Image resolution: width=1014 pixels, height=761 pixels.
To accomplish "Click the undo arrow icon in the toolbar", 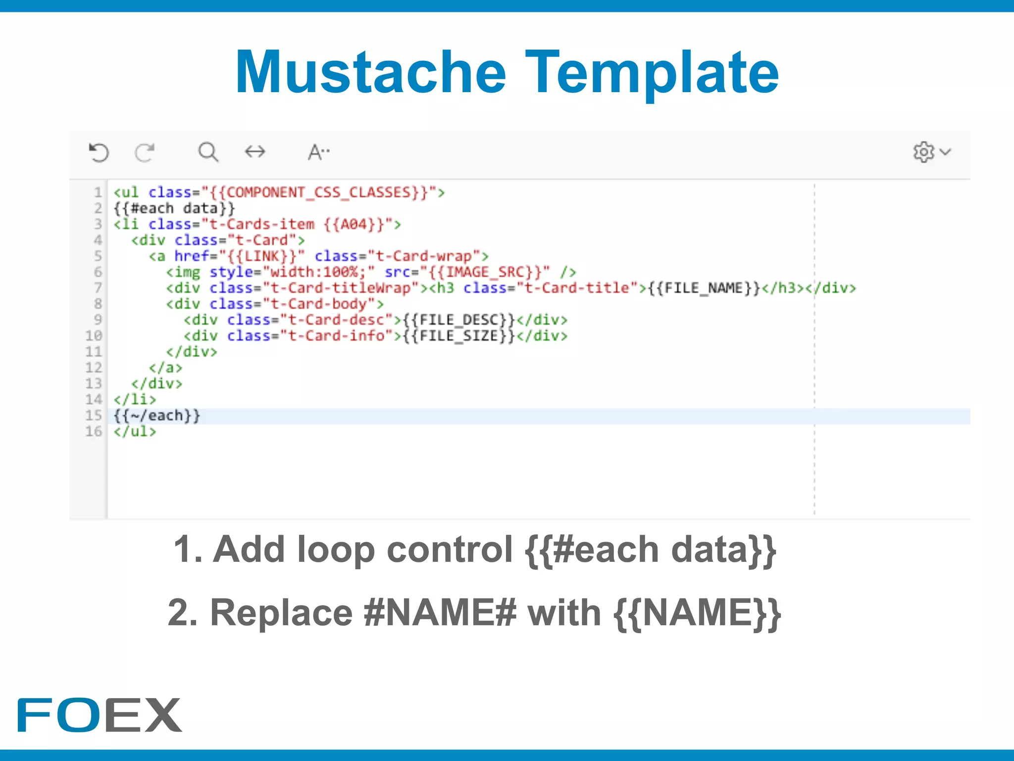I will [99, 152].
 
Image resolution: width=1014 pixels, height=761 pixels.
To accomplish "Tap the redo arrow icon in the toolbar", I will [145, 152].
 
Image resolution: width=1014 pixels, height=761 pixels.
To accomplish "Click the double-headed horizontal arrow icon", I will [255, 152].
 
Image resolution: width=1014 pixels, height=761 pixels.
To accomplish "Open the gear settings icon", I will [924, 152].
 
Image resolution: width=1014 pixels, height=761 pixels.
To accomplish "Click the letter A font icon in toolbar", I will [318, 152].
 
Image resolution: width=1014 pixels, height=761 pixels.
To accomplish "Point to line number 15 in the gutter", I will [94, 415].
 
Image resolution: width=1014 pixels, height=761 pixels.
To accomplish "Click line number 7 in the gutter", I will [98, 288].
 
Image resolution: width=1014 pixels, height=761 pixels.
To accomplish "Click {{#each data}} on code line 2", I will [174, 208].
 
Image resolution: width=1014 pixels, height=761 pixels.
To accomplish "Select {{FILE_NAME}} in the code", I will [704, 288].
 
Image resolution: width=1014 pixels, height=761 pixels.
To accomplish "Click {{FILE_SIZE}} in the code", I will [459, 336].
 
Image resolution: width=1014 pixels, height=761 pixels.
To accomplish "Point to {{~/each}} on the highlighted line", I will [157, 415].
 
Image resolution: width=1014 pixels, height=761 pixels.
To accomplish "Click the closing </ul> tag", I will [135, 431].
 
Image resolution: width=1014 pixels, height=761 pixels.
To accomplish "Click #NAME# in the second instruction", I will [440, 613].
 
